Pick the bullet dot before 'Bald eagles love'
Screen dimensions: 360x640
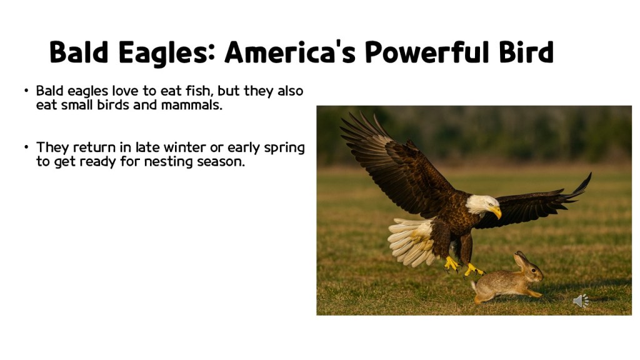coord(26,91)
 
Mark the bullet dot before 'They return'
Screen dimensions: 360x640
coord(26,148)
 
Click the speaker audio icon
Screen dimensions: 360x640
coord(581,301)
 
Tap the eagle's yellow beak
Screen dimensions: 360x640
coord(496,212)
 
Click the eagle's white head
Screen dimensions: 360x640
coord(482,204)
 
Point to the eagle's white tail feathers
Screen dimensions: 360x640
coord(409,241)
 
